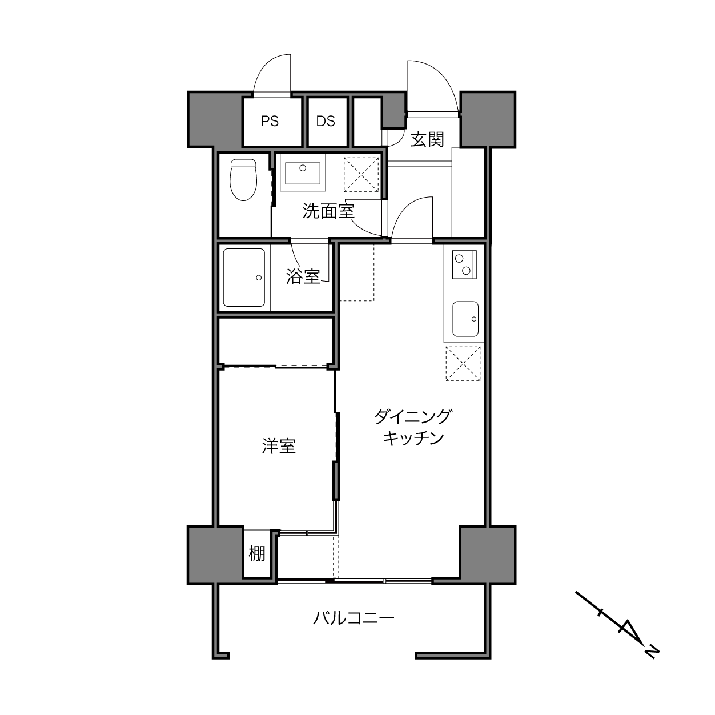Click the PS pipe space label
coord(270,121)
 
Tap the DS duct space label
coord(326,121)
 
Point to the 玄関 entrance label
coord(427,140)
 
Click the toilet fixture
coord(243,179)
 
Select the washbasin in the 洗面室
coord(303,173)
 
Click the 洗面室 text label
coord(328,211)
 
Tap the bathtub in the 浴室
coord(244,278)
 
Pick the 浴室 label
coord(303,276)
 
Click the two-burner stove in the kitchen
coord(464,264)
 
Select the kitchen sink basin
coord(465,319)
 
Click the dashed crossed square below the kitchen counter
coord(463,364)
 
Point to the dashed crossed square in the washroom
coord(361,175)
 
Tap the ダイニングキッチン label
coord(413,427)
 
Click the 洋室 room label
coord(279,447)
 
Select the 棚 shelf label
coord(257,554)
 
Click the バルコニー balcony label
coord(354,618)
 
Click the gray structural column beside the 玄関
coord(488,119)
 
